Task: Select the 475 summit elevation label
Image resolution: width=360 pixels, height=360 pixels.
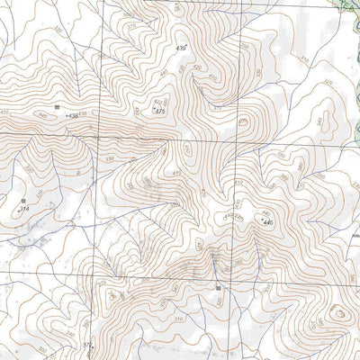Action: point(159,111)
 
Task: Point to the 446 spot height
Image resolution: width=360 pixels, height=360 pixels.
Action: point(267,221)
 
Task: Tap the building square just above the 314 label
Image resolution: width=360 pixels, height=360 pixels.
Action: point(22,199)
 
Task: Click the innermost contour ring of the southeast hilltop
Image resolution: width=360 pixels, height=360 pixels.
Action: point(341,315)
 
